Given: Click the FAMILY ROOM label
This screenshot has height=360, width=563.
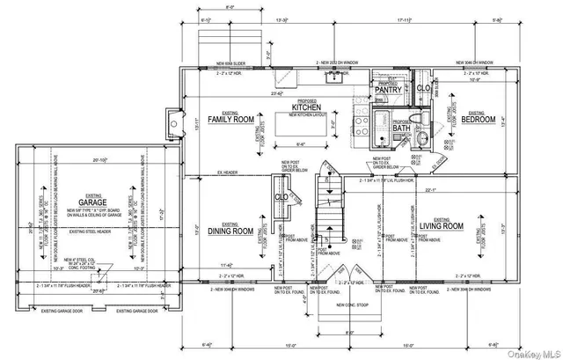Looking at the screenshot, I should click(230, 119).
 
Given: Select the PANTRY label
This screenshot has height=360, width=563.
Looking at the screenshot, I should click(387, 89).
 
